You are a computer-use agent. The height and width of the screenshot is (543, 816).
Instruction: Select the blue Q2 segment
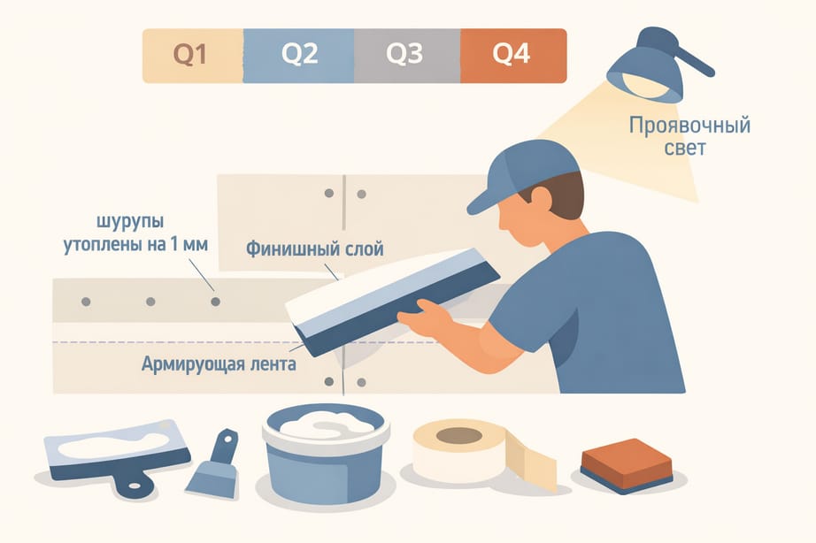299,56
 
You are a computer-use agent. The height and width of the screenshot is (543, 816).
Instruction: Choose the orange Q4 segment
513,56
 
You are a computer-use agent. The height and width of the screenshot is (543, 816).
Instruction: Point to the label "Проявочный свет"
689,136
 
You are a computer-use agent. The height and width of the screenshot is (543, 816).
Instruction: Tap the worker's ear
540,199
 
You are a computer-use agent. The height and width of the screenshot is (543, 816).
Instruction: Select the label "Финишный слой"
315,249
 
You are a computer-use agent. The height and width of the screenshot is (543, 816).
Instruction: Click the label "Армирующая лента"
219,363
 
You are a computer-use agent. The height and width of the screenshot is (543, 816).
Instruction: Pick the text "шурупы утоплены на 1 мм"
135,233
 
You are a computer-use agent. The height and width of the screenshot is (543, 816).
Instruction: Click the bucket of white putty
326,453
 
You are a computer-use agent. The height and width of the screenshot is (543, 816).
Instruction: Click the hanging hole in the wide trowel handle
135,486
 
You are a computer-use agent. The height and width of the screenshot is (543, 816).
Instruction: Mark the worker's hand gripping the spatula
424,318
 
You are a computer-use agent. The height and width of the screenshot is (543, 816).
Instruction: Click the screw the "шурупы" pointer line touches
215,302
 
